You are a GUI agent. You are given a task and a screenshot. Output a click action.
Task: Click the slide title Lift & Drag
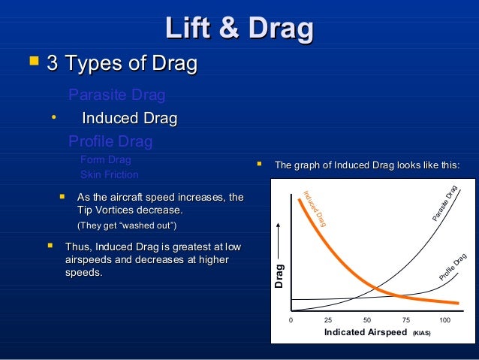click(x=239, y=29)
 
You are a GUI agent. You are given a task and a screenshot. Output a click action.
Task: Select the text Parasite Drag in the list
click(x=116, y=95)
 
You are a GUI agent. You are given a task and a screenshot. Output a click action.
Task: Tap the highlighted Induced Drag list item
click(x=129, y=119)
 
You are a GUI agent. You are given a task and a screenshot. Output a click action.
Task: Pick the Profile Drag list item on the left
click(x=110, y=141)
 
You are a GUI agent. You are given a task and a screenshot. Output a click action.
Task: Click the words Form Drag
click(x=105, y=159)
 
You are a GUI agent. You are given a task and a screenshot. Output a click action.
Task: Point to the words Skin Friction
click(x=110, y=174)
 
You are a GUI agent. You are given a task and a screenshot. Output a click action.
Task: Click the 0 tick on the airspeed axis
click(x=291, y=320)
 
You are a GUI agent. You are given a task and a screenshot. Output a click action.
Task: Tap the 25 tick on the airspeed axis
click(x=328, y=320)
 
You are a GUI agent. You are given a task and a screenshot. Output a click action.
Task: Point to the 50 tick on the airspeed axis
click(x=367, y=320)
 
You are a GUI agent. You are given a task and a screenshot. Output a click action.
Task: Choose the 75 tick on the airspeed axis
click(x=405, y=320)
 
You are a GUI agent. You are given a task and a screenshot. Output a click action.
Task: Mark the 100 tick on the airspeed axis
click(x=444, y=320)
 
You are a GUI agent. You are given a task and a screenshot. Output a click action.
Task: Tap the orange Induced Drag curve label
click(x=314, y=209)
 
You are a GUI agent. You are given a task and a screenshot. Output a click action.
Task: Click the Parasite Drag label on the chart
click(x=445, y=202)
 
